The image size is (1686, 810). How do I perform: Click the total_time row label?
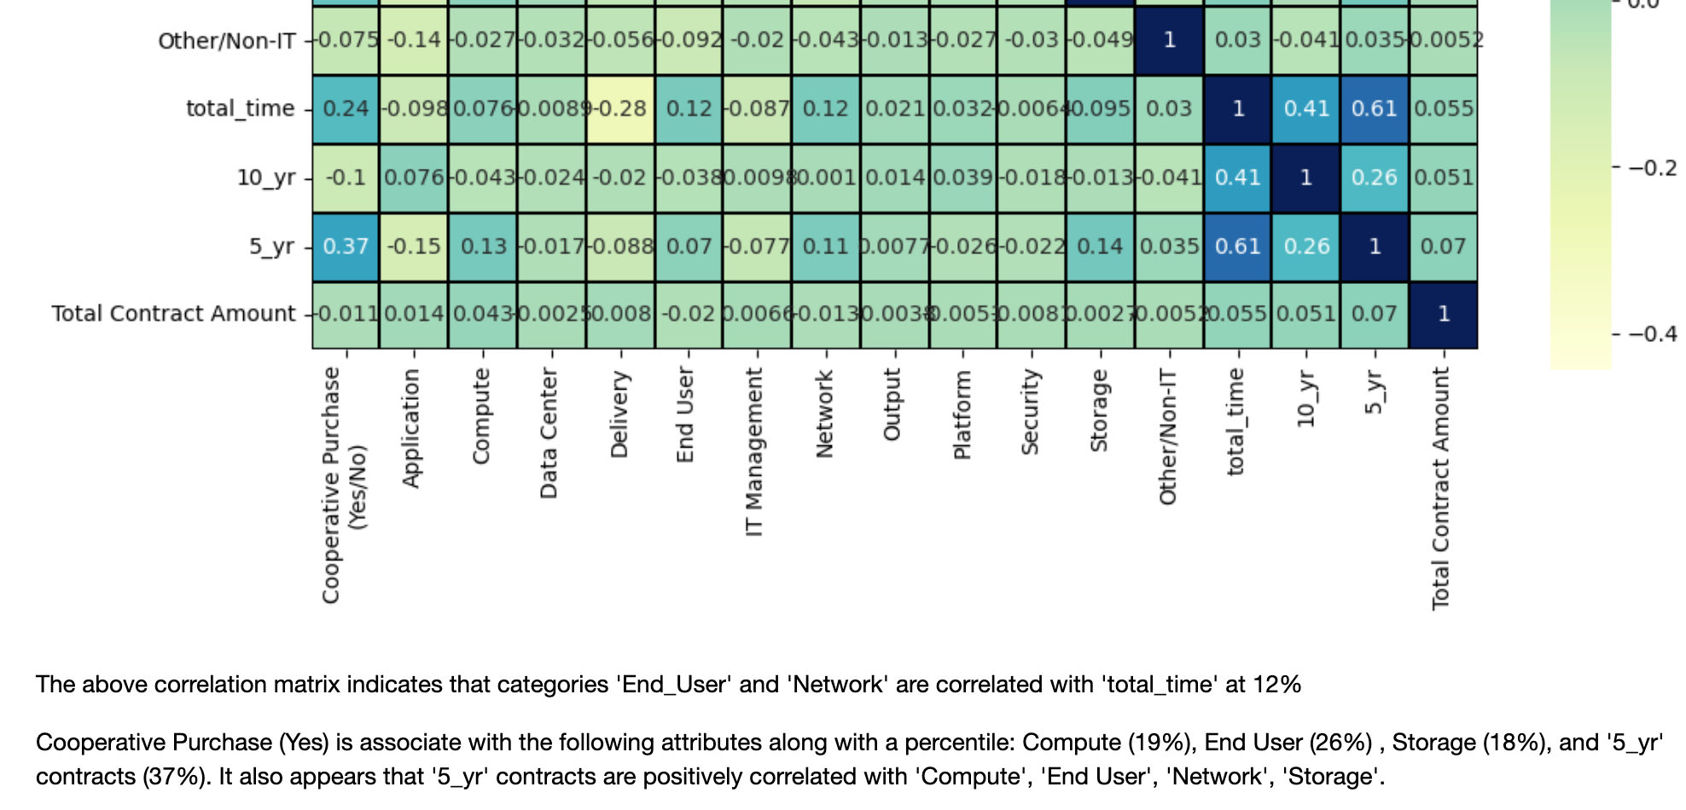240,109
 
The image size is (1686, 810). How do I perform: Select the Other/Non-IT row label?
226,41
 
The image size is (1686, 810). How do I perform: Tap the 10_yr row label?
265,177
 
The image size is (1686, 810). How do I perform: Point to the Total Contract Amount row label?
173,314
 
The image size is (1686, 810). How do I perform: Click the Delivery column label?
619,414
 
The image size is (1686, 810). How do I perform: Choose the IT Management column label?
754,452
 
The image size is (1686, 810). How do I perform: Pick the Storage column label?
1099,410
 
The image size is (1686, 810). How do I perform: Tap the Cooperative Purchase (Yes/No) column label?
344,486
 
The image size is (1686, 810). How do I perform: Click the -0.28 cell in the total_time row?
620,109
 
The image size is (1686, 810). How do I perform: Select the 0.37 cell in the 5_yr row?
346,246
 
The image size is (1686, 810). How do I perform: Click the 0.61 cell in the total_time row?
1374,109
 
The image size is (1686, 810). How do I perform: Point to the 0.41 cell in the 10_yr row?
1237,177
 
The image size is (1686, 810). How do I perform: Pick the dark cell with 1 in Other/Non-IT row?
1169,40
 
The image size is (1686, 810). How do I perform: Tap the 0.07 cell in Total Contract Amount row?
1374,314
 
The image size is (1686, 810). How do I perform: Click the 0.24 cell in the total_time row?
346,109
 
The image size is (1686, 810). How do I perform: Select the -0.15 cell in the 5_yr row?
414,246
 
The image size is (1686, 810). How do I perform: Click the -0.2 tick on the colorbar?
1652,167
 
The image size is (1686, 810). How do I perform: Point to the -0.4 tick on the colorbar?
1652,333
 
